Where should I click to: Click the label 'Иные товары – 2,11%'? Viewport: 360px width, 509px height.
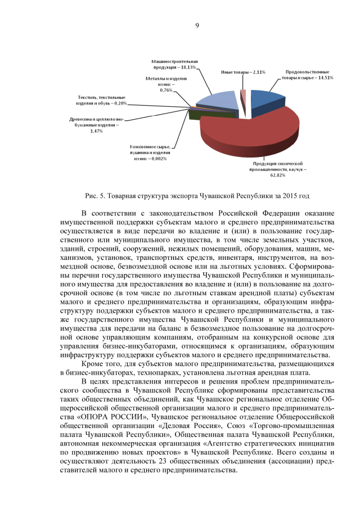pos(242,73)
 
